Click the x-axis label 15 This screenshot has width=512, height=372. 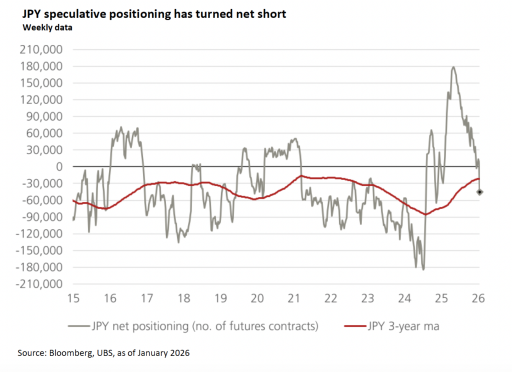(73, 299)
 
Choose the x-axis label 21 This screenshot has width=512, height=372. (294, 299)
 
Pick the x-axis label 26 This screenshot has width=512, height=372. (478, 299)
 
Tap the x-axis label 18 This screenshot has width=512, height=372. (183, 299)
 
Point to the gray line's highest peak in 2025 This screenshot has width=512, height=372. (453, 67)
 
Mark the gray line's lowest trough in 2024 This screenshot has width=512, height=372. (423, 269)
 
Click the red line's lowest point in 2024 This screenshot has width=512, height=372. (425, 214)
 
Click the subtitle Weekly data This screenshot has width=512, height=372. (47, 27)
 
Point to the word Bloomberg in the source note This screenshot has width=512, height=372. (70, 353)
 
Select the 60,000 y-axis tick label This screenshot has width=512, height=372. (46, 133)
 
